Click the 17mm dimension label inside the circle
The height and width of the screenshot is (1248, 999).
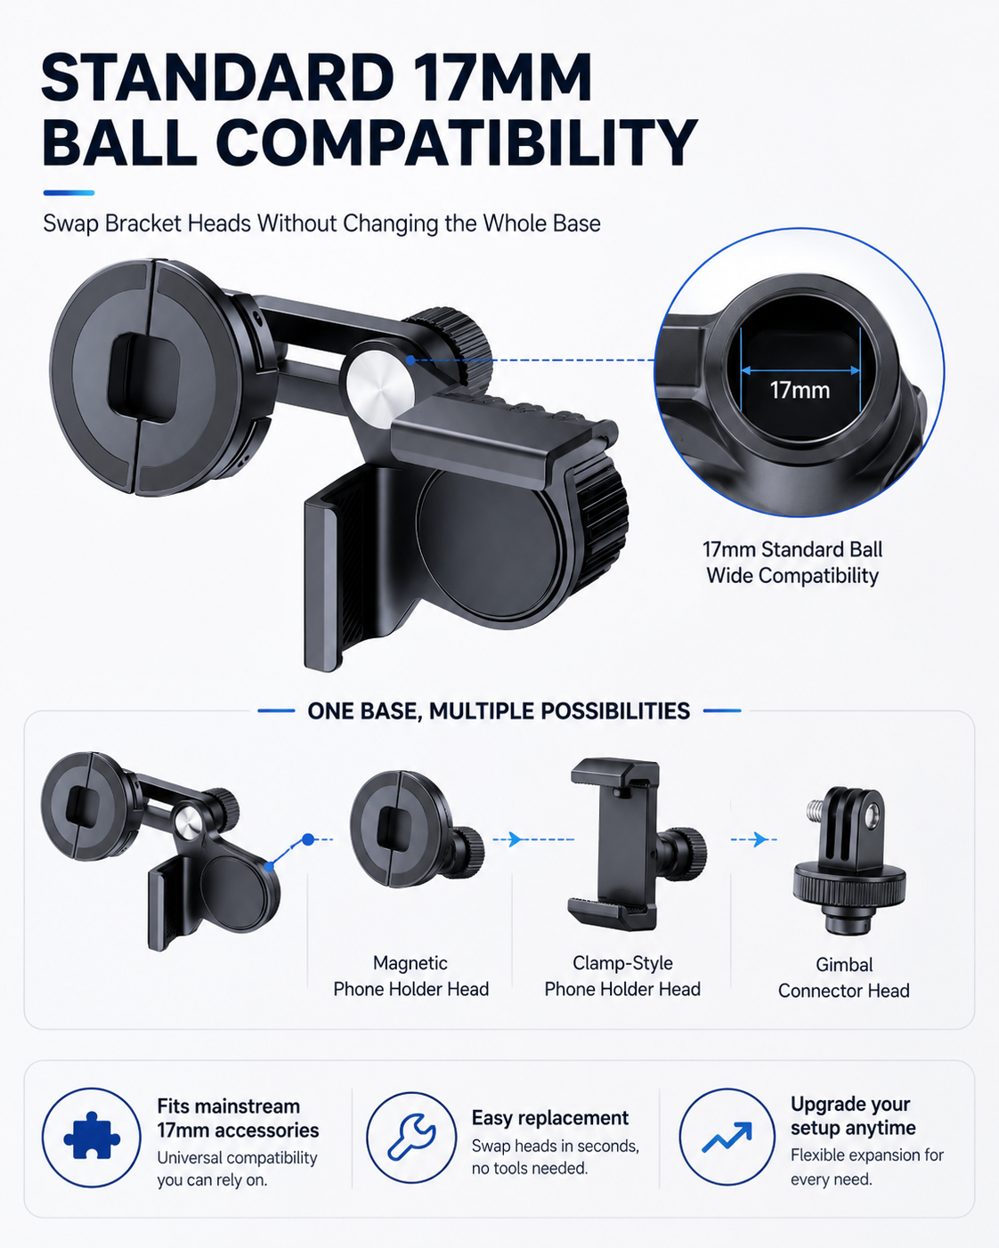[x=800, y=390]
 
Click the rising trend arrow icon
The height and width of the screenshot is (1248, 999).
[x=727, y=1138]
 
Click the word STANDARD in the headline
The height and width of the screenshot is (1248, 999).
[x=218, y=78]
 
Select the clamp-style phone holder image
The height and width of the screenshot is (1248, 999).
[x=636, y=845]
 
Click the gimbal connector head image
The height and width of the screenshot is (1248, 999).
[x=849, y=860]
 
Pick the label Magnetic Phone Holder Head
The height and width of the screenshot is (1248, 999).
[x=410, y=976]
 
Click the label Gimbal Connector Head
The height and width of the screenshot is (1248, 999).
[x=843, y=977]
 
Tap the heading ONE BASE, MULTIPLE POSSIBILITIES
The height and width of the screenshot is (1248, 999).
[x=499, y=711]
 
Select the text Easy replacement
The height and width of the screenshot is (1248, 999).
[x=549, y=1117]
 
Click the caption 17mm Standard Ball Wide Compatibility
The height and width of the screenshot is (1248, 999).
[x=792, y=563]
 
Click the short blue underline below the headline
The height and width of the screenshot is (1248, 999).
[x=69, y=193]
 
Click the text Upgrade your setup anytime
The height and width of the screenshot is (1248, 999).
[x=853, y=1115]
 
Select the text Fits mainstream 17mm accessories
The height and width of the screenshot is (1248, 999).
[x=238, y=1118]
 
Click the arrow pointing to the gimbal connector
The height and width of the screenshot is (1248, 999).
[x=753, y=839]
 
